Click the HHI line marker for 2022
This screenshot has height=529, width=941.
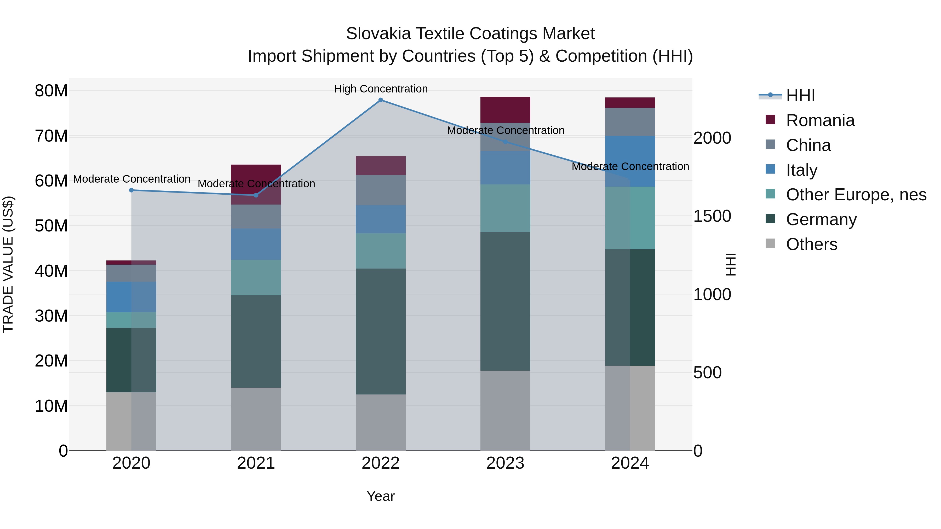(381, 100)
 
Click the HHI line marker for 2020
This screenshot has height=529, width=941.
(131, 190)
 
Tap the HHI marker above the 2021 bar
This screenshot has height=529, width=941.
(256, 195)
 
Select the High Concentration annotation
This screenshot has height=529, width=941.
(381, 89)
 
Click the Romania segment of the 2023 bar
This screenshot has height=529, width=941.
(505, 110)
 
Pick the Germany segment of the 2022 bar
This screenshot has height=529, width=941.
(381, 331)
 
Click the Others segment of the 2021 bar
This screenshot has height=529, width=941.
(256, 419)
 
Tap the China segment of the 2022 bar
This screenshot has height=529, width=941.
(381, 190)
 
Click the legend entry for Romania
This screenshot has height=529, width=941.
(820, 120)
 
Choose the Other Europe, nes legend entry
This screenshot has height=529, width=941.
(856, 195)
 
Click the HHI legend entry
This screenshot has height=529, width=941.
(800, 96)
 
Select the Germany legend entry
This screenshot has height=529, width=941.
(821, 219)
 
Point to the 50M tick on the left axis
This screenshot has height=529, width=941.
(51, 226)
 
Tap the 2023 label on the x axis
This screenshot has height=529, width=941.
(505, 463)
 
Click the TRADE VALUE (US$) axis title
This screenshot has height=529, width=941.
(8, 264)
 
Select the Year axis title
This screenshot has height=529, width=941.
(381, 496)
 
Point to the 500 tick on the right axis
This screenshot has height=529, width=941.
(707, 373)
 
